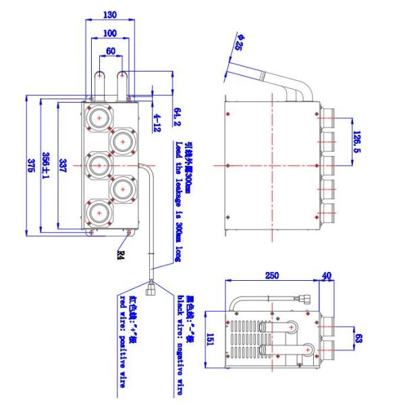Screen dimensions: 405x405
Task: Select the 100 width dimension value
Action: pos(109,32)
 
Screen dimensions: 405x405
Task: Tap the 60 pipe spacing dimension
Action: pos(109,50)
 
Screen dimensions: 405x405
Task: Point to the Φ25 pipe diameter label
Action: pos(238,47)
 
